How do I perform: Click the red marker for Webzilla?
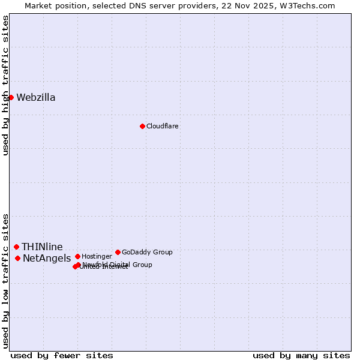[x=11, y=97]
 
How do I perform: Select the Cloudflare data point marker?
[x=142, y=126]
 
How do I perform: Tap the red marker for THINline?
[x=16, y=247]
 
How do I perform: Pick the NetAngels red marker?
[x=18, y=258]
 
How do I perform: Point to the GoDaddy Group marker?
[x=118, y=252]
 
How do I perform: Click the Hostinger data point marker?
[x=77, y=256]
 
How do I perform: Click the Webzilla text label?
[x=36, y=98]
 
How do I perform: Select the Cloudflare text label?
[x=163, y=126]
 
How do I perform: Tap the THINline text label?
[x=43, y=247]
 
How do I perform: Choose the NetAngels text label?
[x=47, y=259]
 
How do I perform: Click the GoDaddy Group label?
[x=147, y=252]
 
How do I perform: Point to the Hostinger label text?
[x=97, y=256]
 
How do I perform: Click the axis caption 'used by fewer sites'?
[x=62, y=355]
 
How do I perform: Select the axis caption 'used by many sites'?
[x=301, y=355]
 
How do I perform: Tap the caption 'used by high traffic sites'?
[x=6, y=85]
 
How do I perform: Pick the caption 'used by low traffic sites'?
[x=6, y=280]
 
